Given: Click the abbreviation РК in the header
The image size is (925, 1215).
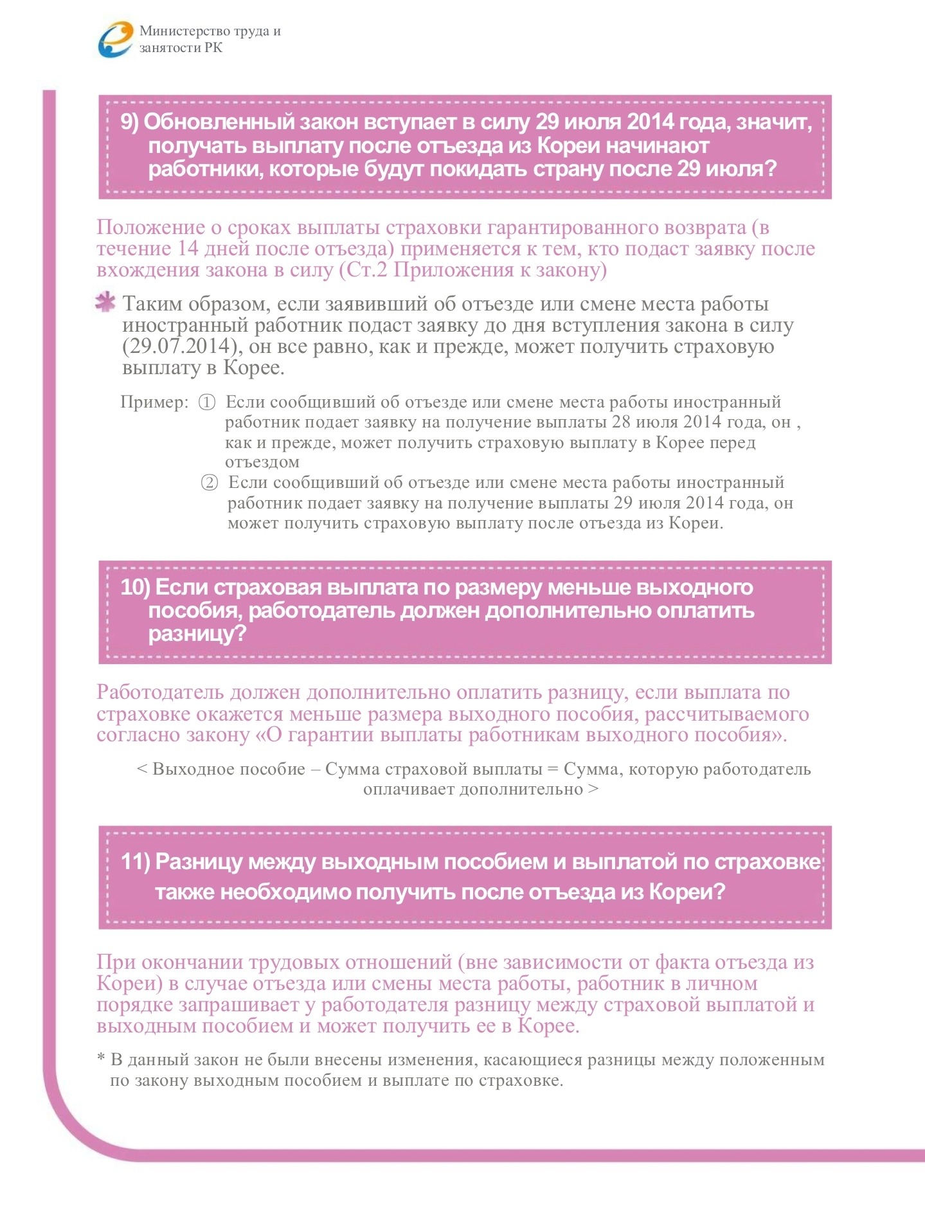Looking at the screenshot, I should [x=213, y=48].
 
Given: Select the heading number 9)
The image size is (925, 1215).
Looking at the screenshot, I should [x=130, y=122].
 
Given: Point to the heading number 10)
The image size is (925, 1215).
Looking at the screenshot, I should [x=135, y=588].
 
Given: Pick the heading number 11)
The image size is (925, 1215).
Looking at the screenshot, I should [x=135, y=862].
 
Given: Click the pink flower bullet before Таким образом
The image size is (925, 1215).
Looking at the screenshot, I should [x=105, y=302].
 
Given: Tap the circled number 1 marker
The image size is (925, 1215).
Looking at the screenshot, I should [x=206, y=403].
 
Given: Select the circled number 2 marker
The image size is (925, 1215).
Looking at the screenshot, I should [x=210, y=483].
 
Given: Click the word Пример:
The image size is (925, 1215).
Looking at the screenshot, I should [x=154, y=402].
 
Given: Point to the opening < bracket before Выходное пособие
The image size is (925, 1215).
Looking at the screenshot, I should [x=142, y=770].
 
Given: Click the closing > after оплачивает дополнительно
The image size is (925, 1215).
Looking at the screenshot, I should [x=593, y=789].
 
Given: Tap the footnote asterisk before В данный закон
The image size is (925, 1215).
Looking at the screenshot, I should [x=101, y=1058].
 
